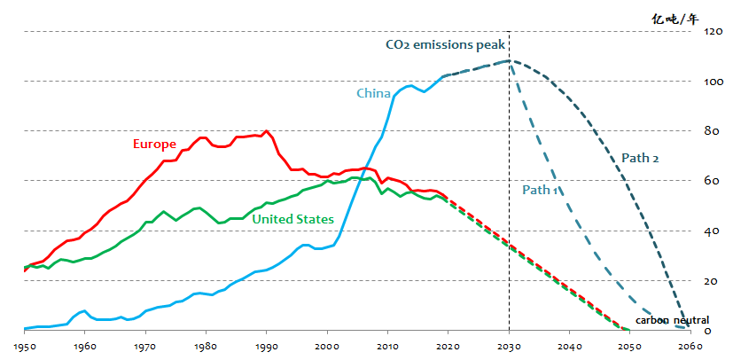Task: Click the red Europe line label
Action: click(154, 144)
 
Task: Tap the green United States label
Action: click(292, 219)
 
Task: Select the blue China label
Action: click(374, 93)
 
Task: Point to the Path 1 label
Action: click(540, 189)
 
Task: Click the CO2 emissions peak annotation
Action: click(444, 44)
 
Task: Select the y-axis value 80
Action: click(712, 131)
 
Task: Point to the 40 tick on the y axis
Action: click(712, 231)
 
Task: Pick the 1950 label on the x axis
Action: click(24, 346)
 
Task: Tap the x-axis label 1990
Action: click(267, 346)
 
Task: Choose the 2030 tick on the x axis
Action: click(509, 346)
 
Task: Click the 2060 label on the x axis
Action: click(690, 346)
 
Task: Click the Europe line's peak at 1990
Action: click(267, 131)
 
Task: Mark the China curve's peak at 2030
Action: click(509, 60)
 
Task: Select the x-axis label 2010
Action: click(388, 346)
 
